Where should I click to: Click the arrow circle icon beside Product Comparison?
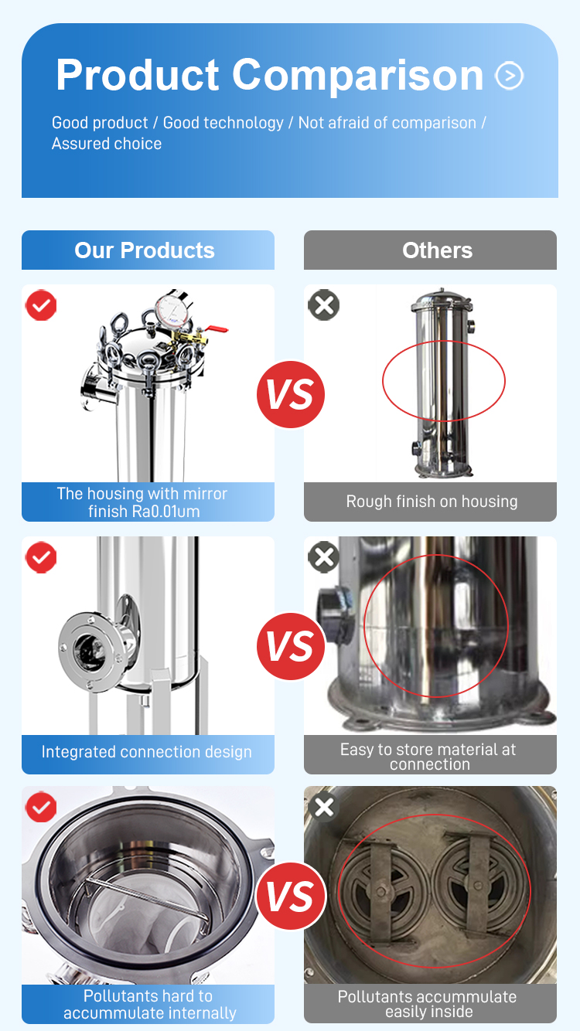click(x=509, y=75)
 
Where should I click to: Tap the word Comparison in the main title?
click(x=357, y=76)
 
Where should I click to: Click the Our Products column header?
click(x=148, y=250)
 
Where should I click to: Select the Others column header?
click(x=430, y=250)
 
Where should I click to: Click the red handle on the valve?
click(x=216, y=328)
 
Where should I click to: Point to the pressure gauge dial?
click(x=173, y=309)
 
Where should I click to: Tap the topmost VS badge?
click(x=291, y=394)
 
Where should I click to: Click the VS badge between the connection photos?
click(x=291, y=646)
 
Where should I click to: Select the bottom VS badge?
click(x=291, y=897)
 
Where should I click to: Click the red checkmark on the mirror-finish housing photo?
click(x=41, y=305)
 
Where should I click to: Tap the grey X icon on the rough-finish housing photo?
click(x=324, y=305)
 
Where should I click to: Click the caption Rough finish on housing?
click(x=432, y=502)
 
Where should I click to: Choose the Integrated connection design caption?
click(x=146, y=752)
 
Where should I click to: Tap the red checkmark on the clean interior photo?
click(x=41, y=807)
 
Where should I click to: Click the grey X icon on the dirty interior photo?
click(x=324, y=807)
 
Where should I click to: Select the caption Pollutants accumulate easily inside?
click(x=428, y=1004)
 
